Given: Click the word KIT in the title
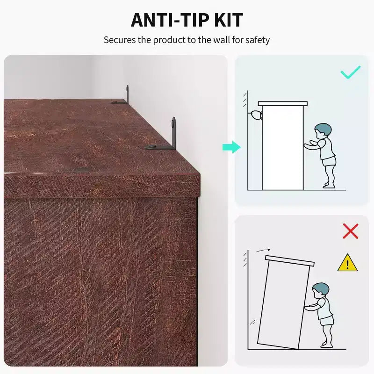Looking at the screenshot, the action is point(229,20).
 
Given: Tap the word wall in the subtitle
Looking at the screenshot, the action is point(221,40).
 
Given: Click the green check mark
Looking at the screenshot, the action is point(350,72).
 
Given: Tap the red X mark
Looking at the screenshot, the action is point(350,231).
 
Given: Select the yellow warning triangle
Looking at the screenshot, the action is point(347,263).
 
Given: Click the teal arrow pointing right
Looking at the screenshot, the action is point(231,147).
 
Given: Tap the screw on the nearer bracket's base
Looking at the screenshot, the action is point(151,147).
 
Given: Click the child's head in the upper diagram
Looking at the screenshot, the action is point(323,131).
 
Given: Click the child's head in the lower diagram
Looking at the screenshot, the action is point(321,290).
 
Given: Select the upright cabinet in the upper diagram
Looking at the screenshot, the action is point(283,145).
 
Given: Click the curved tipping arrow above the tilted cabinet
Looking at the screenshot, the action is point(263,250).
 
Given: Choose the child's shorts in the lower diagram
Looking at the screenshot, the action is point(326,321).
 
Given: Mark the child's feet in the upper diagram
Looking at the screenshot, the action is point(329,185).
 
